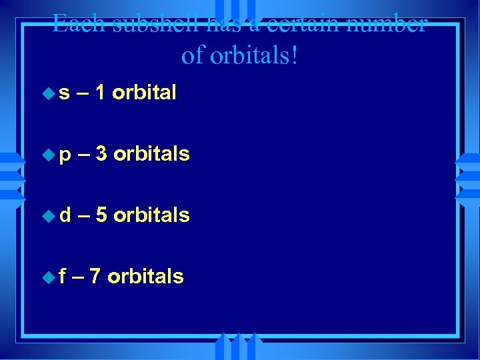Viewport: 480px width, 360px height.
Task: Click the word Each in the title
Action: [77, 25]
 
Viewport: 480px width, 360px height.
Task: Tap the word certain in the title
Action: [305, 25]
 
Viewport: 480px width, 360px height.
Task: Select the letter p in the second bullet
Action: [65, 155]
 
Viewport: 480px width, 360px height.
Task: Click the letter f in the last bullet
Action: [63, 276]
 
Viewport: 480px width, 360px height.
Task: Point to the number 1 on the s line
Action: [100, 93]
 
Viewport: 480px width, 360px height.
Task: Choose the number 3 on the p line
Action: [101, 154]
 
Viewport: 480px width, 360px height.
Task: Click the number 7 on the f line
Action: [95, 276]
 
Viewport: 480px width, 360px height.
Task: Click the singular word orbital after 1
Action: [144, 93]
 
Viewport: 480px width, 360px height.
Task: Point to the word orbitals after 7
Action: [145, 276]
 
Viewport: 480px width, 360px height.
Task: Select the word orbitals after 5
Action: [151, 215]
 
